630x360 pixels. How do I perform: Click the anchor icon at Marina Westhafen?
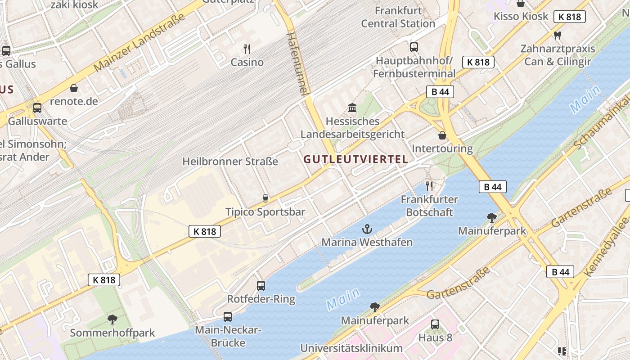pyautogui.click(x=367, y=229)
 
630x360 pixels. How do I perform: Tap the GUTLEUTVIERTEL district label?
pyautogui.click(x=355, y=159)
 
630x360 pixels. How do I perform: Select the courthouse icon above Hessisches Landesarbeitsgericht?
pyautogui.click(x=352, y=108)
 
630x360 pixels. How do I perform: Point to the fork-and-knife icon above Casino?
pyautogui.click(x=247, y=49)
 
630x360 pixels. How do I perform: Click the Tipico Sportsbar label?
pyautogui.click(x=265, y=212)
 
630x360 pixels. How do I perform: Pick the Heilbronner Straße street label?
pyautogui.click(x=230, y=161)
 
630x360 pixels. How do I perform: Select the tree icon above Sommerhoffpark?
pyautogui.click(x=112, y=319)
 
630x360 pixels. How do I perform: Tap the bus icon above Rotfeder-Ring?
pyautogui.click(x=261, y=285)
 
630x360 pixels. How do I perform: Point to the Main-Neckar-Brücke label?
pyautogui.click(x=228, y=336)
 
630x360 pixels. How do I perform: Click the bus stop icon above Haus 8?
pyautogui.click(x=435, y=324)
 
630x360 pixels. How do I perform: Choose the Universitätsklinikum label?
pyautogui.click(x=351, y=348)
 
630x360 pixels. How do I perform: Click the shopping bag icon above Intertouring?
pyautogui.click(x=442, y=135)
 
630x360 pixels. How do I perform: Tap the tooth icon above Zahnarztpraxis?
pyautogui.click(x=558, y=35)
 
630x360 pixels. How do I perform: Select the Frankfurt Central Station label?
pyautogui.click(x=398, y=17)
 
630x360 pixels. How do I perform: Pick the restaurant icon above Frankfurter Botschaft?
pyautogui.click(x=429, y=186)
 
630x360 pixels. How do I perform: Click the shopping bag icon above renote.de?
pyautogui.click(x=74, y=88)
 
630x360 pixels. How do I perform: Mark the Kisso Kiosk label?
pyautogui.click(x=521, y=16)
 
